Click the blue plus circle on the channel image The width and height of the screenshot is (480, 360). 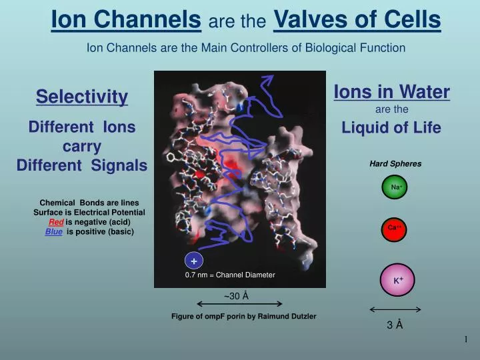[x=193, y=261]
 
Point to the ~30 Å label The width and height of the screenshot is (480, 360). [x=236, y=295]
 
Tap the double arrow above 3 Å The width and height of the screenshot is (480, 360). [x=395, y=309]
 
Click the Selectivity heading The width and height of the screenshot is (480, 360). [x=82, y=97]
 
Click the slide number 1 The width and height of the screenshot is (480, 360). [x=466, y=341]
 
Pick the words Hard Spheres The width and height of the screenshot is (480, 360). [x=395, y=163]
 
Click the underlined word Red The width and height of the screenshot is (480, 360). [x=57, y=222]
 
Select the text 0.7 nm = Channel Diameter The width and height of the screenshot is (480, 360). [x=230, y=275]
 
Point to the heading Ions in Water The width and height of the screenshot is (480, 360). [x=391, y=92]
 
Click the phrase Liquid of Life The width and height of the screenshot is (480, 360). [x=391, y=128]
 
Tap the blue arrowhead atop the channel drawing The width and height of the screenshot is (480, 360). [x=267, y=81]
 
